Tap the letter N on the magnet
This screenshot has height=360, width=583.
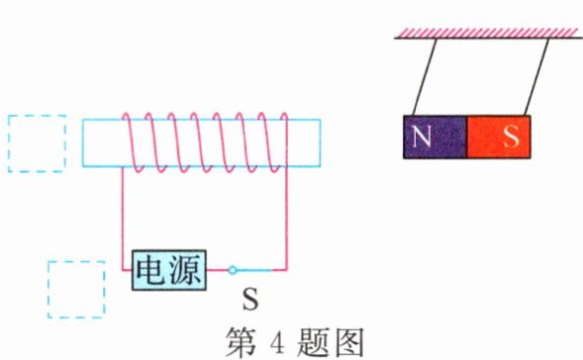(x=423, y=137)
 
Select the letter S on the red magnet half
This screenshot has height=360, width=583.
(x=511, y=137)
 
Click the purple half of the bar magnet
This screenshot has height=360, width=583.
(x=435, y=137)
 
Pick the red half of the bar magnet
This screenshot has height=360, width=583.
(x=498, y=137)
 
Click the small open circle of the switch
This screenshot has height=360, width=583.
(x=233, y=269)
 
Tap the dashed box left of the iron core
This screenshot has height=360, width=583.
(x=37, y=143)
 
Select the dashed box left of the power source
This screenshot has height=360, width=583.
(x=76, y=288)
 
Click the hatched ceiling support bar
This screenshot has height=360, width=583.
(x=487, y=34)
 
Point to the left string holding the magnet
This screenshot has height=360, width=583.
(x=421, y=77)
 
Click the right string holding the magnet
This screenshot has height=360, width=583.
(x=535, y=77)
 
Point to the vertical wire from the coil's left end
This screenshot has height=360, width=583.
(x=122, y=213)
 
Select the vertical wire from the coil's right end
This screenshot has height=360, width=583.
(x=286, y=213)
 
